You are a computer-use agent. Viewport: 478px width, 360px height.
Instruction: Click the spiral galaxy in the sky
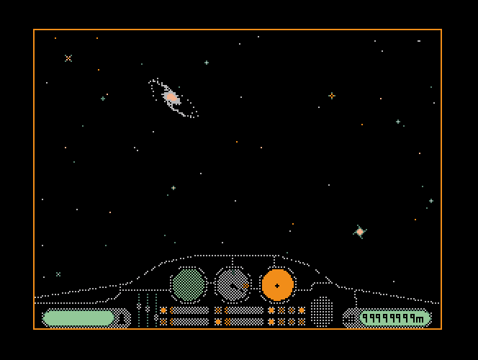click(x=173, y=98)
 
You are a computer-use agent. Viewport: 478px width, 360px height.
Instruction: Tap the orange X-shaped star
click(x=68, y=58)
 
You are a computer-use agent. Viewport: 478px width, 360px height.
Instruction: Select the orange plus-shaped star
click(x=332, y=96)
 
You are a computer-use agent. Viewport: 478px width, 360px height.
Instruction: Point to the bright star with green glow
click(x=360, y=232)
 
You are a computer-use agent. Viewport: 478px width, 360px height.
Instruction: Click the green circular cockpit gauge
click(x=188, y=284)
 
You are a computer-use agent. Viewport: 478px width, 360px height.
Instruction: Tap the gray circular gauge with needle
click(x=233, y=284)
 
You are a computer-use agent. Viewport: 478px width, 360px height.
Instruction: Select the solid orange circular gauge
click(x=277, y=285)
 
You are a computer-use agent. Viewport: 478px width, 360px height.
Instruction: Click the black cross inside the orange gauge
click(x=277, y=286)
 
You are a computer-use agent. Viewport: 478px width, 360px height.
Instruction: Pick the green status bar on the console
click(x=78, y=318)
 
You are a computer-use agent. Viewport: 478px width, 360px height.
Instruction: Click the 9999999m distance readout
click(x=393, y=318)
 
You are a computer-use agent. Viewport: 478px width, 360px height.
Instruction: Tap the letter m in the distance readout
click(x=420, y=318)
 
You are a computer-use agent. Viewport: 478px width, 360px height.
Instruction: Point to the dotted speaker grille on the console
click(x=321, y=312)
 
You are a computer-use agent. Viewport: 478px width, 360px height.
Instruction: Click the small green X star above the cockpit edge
click(x=58, y=274)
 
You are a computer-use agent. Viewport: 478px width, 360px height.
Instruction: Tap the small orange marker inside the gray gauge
click(x=245, y=285)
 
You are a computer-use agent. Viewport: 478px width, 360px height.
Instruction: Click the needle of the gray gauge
click(x=235, y=287)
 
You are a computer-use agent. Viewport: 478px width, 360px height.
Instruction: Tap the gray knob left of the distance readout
click(x=350, y=318)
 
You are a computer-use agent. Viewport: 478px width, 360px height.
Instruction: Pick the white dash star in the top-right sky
click(x=419, y=41)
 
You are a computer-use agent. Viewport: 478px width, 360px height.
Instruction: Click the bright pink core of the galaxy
click(x=171, y=96)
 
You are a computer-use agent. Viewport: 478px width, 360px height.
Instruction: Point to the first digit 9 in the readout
click(x=366, y=318)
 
